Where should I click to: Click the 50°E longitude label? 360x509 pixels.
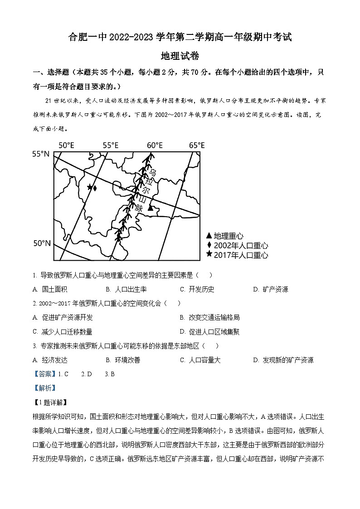coord(66,145)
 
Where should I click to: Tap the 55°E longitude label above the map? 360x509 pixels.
coord(110,145)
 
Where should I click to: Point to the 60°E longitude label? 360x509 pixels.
coord(155,145)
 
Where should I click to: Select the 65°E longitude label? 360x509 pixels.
coord(197,145)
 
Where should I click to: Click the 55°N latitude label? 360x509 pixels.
coord(40,154)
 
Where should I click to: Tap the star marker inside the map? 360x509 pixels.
coord(90,187)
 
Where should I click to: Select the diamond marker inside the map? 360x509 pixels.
coord(95,187)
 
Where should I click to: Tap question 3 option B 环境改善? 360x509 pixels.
coord(126,360)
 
